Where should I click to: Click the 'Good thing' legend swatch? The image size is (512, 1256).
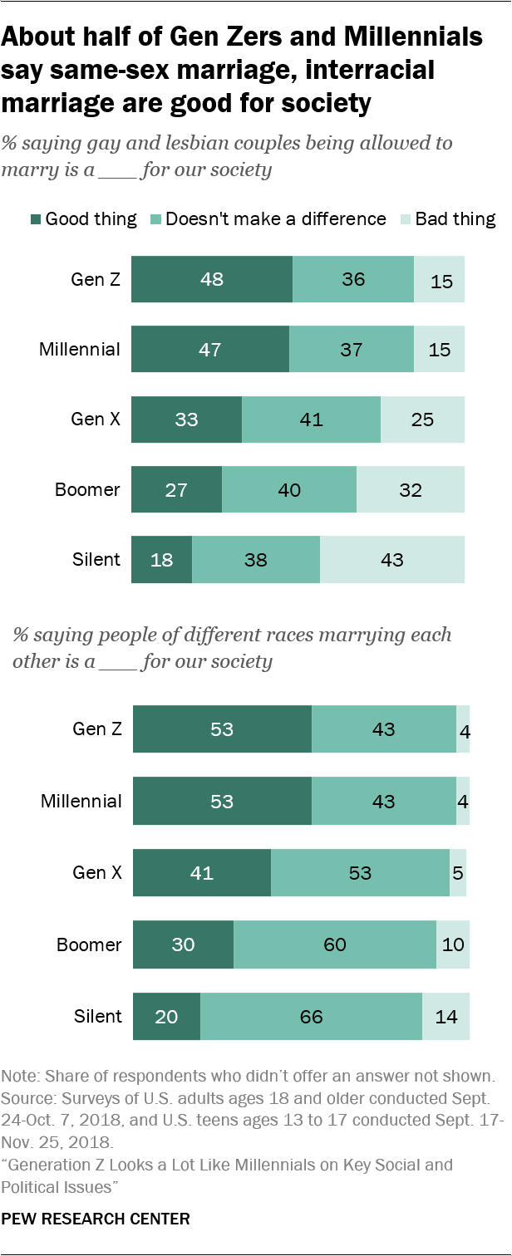tap(36, 219)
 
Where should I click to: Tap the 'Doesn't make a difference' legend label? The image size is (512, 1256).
tap(276, 219)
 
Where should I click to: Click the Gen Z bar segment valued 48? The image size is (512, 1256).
tap(212, 279)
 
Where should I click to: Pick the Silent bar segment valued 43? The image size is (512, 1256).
tap(392, 559)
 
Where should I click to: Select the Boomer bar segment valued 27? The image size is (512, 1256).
tap(177, 489)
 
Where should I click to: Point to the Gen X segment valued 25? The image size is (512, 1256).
tap(422, 419)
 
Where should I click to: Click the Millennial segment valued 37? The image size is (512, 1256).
tap(352, 349)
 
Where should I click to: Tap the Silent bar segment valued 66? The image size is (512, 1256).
tap(311, 1016)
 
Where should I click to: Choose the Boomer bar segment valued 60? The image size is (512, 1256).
tap(335, 945)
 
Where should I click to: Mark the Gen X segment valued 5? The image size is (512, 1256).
tap(458, 873)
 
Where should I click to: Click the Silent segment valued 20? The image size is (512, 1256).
tap(167, 1016)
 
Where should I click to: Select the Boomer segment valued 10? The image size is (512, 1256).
tap(453, 945)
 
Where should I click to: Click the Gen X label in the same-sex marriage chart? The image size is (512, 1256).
tap(96, 419)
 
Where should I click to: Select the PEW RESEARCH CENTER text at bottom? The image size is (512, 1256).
tap(96, 1219)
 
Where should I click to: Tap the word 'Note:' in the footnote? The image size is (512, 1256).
tap(22, 1077)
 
